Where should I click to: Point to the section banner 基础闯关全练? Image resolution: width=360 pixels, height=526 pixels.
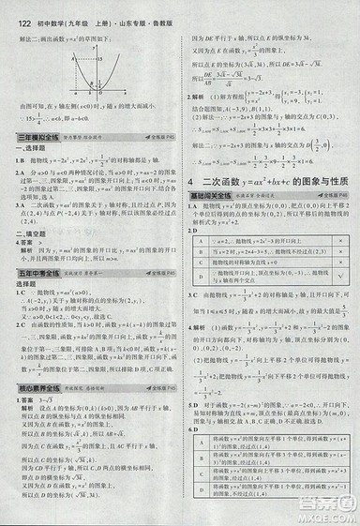click(211, 195)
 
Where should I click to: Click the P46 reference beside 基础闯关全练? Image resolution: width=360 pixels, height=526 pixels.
click(343, 195)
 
